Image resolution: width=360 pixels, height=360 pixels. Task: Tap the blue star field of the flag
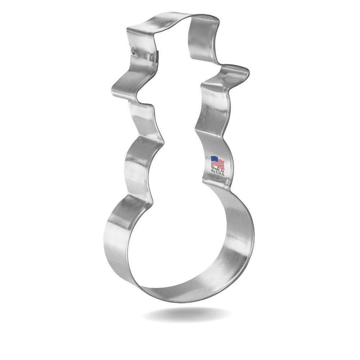click(214, 160)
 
